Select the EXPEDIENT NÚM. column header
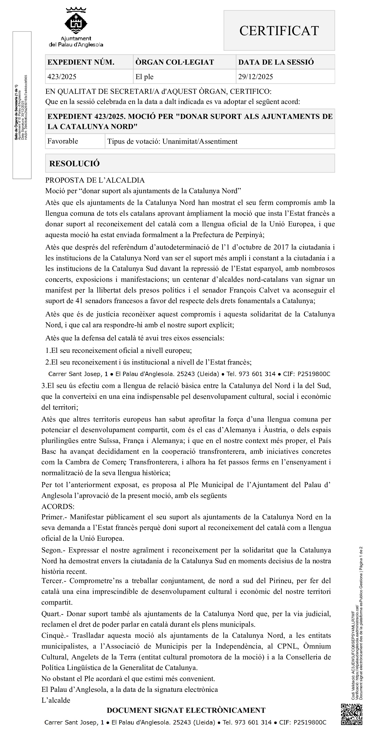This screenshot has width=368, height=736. point(81,62)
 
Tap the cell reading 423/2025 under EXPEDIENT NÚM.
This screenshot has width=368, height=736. point(62,77)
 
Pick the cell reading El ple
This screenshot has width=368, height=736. point(145,77)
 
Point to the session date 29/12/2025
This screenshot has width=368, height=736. point(256,77)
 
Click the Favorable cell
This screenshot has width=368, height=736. point(63,141)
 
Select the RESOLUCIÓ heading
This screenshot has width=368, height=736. point(75,164)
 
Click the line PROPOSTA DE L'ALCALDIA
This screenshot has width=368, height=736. point(95,180)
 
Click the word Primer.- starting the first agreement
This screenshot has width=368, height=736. point(54,517)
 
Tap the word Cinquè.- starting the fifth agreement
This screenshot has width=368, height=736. point(55,635)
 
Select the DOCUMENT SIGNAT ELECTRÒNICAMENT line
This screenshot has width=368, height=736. point(186,710)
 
